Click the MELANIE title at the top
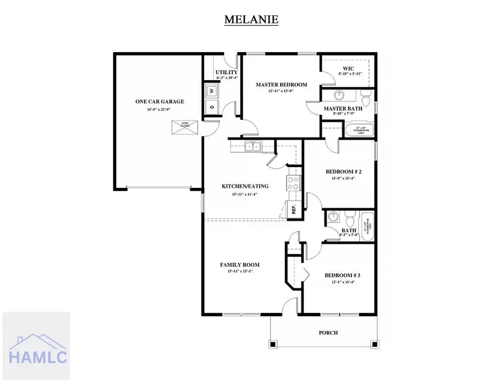click(251, 20)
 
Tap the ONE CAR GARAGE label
click(159, 102)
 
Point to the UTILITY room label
click(226, 73)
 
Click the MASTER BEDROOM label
click(281, 85)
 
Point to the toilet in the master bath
click(365, 99)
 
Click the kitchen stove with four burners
click(293, 183)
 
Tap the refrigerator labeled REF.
click(293, 209)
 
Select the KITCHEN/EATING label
click(245, 186)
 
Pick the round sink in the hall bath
click(333, 218)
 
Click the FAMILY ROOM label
click(239, 265)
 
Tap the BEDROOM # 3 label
click(339, 275)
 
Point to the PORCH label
click(328, 333)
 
